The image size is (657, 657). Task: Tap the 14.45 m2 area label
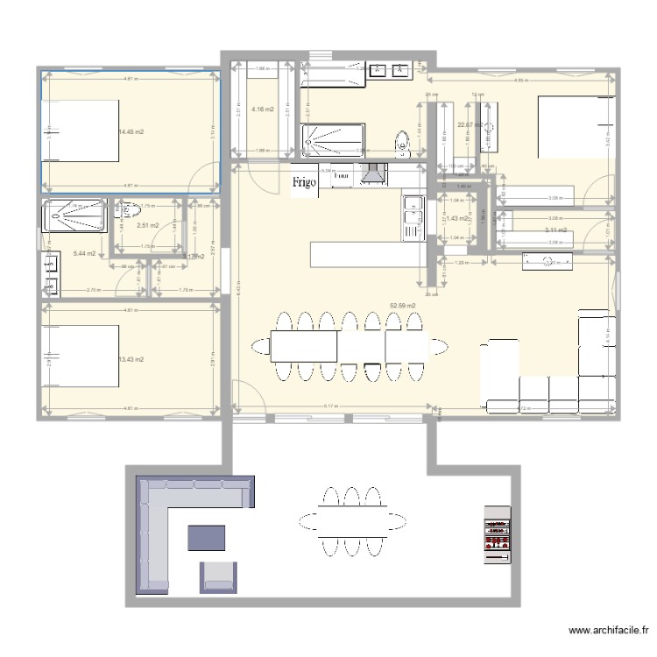(x=131, y=132)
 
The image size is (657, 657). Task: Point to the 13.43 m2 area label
(x=131, y=359)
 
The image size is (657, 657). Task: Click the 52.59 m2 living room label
(x=402, y=306)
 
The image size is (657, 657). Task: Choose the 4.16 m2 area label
(x=262, y=109)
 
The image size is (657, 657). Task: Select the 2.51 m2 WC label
(x=148, y=225)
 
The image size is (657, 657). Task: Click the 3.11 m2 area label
(x=555, y=230)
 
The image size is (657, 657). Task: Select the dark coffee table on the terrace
(x=207, y=537)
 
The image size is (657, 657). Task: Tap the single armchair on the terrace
(x=219, y=575)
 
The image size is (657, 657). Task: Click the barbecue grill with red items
(x=497, y=534)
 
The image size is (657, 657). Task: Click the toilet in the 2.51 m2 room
(x=128, y=210)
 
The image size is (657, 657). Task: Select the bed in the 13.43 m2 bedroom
(x=81, y=356)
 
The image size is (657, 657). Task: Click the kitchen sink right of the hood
(x=412, y=217)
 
